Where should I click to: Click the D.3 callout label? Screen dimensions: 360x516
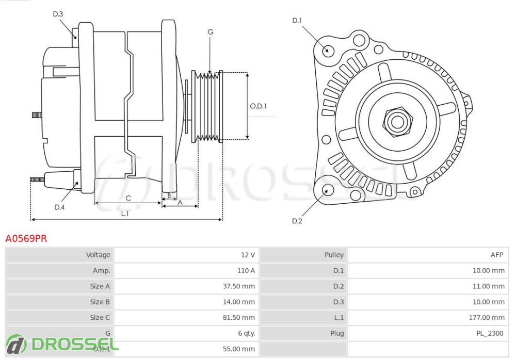click(x=58, y=14)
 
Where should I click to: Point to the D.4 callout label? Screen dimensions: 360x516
click(x=59, y=207)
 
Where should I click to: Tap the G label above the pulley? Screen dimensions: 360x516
click(x=211, y=32)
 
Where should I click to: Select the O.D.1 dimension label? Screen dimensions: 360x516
click(x=258, y=106)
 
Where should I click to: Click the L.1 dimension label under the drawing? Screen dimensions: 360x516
click(x=125, y=213)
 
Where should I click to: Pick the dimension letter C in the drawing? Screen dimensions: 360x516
click(x=128, y=198)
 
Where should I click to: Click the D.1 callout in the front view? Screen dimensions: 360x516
click(x=297, y=21)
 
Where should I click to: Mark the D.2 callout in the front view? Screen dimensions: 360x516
click(x=297, y=221)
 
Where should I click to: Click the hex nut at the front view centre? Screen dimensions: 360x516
click(x=397, y=122)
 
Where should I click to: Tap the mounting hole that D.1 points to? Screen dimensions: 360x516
click(x=327, y=51)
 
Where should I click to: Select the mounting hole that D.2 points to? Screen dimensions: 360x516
click(x=327, y=190)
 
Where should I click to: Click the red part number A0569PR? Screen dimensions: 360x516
click(x=26, y=238)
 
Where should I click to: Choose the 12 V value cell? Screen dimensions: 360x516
click(x=248, y=255)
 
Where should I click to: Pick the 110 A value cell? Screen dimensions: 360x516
click(x=246, y=270)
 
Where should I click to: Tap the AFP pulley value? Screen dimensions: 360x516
click(x=497, y=255)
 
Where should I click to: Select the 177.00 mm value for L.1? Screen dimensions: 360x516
click(x=488, y=318)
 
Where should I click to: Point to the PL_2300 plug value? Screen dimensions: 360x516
click(x=489, y=333)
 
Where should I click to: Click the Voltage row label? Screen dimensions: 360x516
click(x=98, y=255)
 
